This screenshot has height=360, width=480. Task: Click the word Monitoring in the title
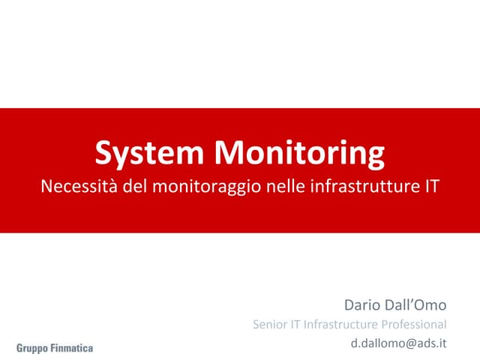(299, 154)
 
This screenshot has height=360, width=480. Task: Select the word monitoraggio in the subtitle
(208, 186)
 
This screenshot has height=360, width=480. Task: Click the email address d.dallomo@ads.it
(399, 344)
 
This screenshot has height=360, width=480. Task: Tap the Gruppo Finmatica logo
(55, 348)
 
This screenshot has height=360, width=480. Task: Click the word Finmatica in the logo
(73, 348)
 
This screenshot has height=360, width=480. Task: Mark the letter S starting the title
(103, 154)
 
